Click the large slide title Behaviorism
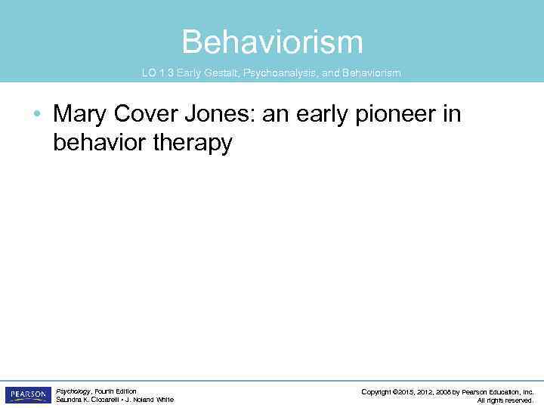[x=272, y=42]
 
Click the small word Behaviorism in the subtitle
[x=372, y=73]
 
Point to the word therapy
[x=193, y=143]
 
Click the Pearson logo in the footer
[x=27, y=395]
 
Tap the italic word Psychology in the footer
[x=73, y=391]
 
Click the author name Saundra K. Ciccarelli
[x=86, y=400]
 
